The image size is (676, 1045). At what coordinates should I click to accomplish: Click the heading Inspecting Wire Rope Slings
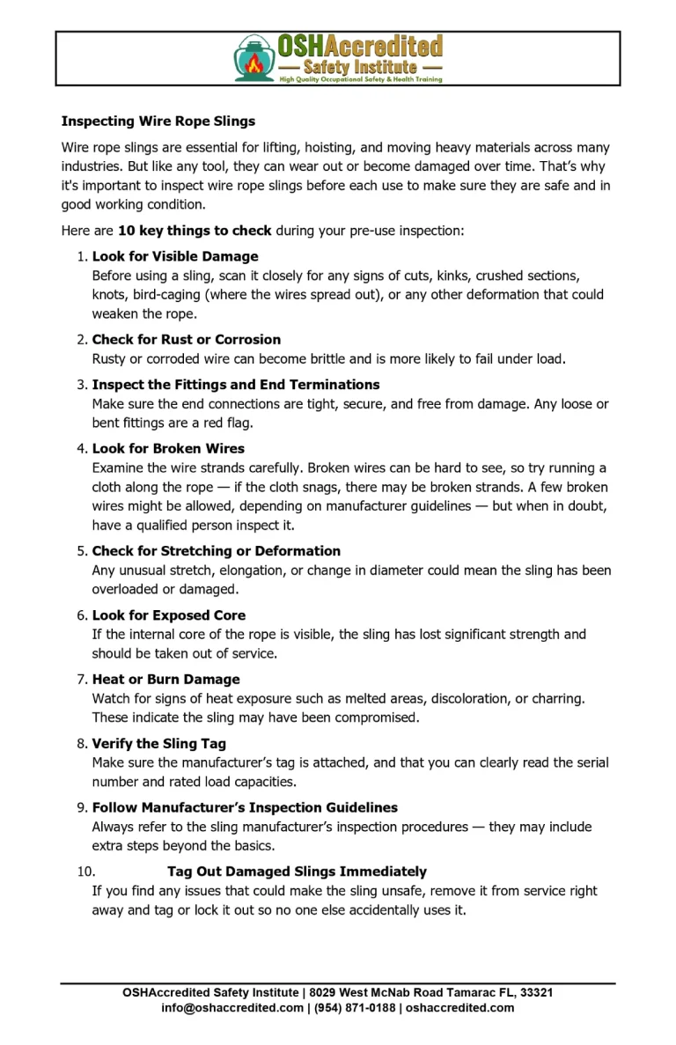[x=158, y=121]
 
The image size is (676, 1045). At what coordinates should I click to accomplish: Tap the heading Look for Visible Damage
[x=175, y=256]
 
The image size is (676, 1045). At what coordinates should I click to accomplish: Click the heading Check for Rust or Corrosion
[x=187, y=339]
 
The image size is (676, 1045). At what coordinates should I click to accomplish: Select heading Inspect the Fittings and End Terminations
[x=236, y=385]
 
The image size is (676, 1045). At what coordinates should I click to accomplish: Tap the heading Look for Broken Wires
[x=168, y=448]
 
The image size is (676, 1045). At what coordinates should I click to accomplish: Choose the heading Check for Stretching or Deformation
[x=217, y=551]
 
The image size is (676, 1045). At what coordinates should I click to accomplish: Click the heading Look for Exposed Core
[x=169, y=615]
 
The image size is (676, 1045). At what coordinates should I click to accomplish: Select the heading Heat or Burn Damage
[x=165, y=680]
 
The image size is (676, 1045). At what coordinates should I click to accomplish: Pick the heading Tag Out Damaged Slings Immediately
[x=297, y=872]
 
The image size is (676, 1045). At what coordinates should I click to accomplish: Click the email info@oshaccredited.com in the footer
[x=232, y=1008]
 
